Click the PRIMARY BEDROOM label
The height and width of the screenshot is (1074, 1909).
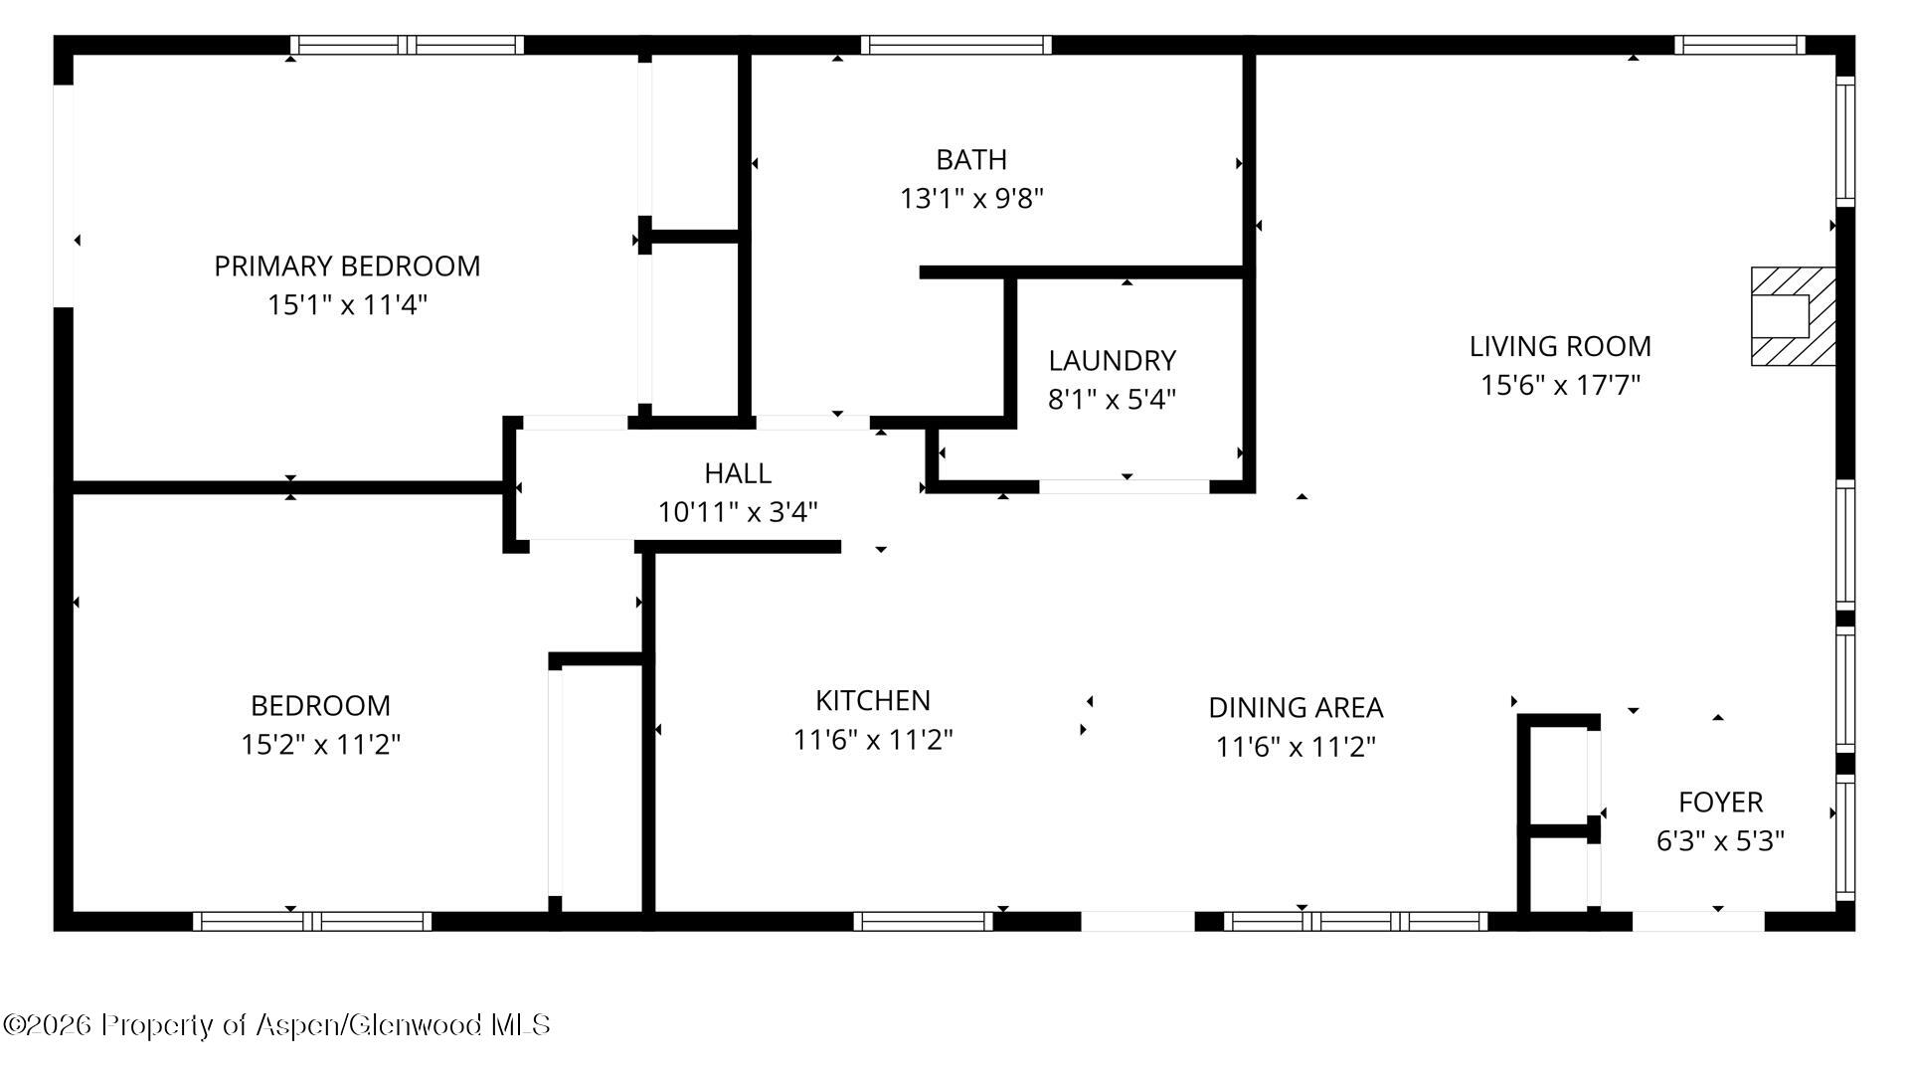pos(347,267)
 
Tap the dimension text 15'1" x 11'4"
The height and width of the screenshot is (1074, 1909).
pos(347,304)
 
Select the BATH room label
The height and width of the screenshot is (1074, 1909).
pos(971,160)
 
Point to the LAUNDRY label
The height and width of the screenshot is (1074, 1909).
pos(1112,361)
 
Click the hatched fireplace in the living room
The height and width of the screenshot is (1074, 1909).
pos(1793,316)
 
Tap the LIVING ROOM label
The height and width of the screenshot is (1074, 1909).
pos(1560,347)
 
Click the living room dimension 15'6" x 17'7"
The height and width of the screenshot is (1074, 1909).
pos(1560,385)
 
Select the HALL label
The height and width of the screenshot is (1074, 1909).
pos(738,473)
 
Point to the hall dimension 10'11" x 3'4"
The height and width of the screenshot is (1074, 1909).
pos(738,512)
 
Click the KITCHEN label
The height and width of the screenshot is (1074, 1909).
pos(873,701)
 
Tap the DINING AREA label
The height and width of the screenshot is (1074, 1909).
pos(1296,708)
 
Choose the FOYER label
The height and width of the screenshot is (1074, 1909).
pos(1720,803)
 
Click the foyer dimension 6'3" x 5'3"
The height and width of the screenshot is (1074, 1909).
pos(1720,841)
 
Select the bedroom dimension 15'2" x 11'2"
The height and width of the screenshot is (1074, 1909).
pos(320,744)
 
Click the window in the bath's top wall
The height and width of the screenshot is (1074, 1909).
pos(955,45)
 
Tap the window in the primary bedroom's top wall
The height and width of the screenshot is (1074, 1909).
pos(408,45)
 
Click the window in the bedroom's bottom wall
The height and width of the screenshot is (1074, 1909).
pos(312,921)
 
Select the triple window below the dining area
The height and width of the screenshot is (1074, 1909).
pos(1355,921)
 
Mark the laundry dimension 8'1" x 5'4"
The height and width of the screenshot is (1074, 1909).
pos(1112,400)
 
